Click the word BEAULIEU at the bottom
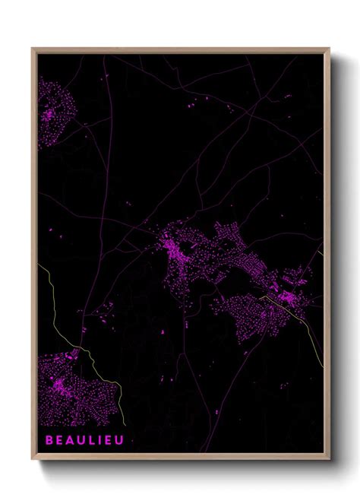click(x=84, y=439)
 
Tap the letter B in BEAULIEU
click(x=49, y=439)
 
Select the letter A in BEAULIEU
click(x=70, y=439)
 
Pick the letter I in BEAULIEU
click(x=100, y=439)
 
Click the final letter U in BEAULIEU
click(x=119, y=439)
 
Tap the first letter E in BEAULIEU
click(x=59, y=439)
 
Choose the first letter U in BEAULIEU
click(x=81, y=439)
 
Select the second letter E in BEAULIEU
click(x=109, y=439)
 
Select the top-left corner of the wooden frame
click(x=33, y=50)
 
